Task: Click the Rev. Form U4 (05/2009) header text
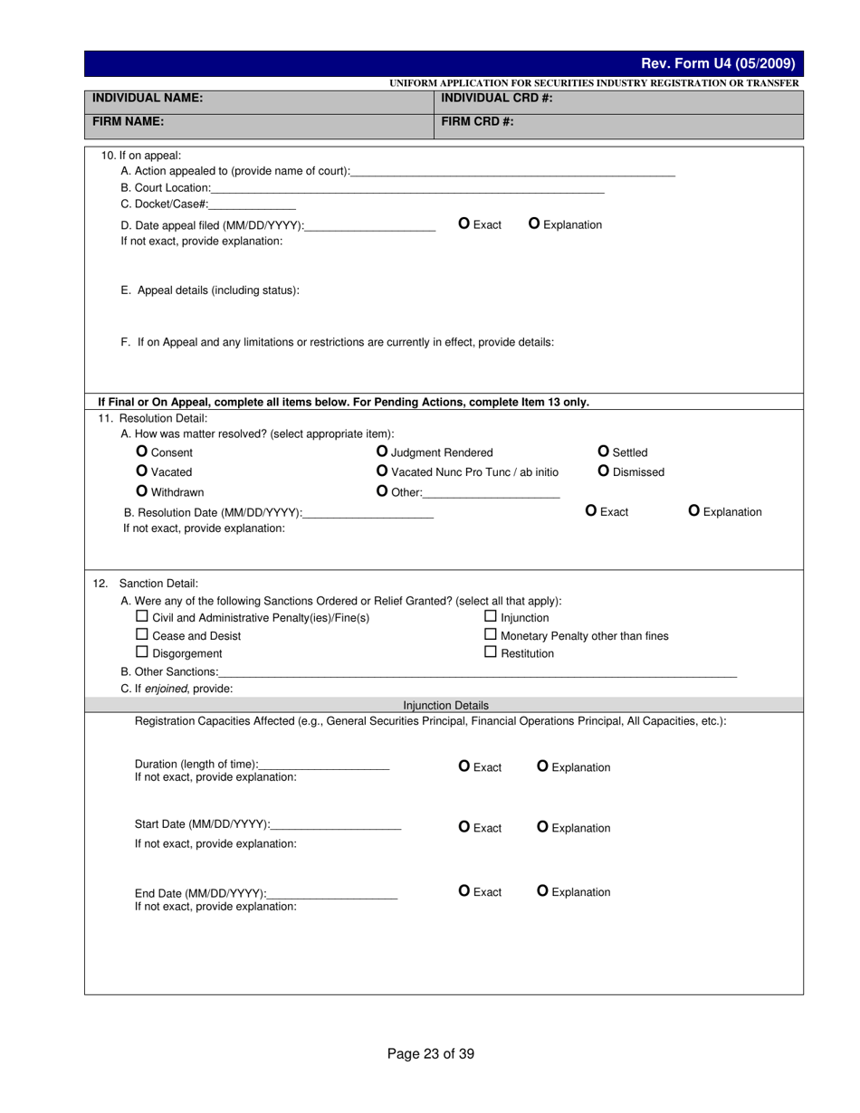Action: [x=717, y=63]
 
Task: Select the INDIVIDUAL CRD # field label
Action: [x=496, y=98]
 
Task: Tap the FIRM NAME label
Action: [x=128, y=120]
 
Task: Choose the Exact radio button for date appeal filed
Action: [x=464, y=224]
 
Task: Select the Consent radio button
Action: [x=141, y=452]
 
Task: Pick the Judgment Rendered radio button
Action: [x=382, y=452]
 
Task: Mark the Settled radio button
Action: [x=604, y=452]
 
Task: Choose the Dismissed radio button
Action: [x=604, y=471]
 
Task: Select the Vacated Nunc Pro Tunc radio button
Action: [x=382, y=471]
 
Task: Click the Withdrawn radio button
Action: [x=141, y=491]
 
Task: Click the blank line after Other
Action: [x=491, y=494]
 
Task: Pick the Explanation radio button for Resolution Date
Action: [x=694, y=511]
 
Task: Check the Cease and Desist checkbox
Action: [x=141, y=635]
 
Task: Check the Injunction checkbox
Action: [x=491, y=617]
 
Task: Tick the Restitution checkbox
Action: [x=491, y=652]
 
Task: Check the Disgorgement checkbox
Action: [x=141, y=652]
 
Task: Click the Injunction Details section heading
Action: [x=445, y=705]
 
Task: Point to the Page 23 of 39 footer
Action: [x=430, y=1053]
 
